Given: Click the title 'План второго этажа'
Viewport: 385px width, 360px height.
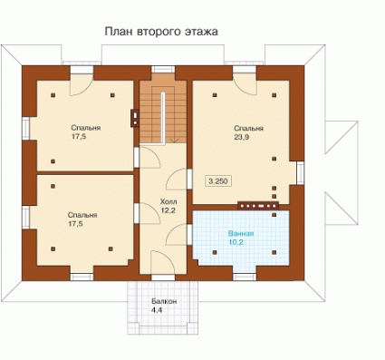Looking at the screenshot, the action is click(x=161, y=32).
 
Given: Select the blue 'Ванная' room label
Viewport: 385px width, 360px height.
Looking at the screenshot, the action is click(x=241, y=234).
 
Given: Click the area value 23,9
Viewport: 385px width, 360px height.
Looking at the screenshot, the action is click(x=242, y=137).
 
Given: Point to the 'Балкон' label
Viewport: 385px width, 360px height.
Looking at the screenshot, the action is click(x=164, y=301).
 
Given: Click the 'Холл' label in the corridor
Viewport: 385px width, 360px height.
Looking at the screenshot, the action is click(x=168, y=201).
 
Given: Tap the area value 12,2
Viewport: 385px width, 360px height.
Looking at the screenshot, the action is click(x=168, y=210).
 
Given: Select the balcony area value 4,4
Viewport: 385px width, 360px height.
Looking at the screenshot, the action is click(x=157, y=310).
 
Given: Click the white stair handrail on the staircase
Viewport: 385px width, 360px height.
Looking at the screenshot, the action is click(x=162, y=118).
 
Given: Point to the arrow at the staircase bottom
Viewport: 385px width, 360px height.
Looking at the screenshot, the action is click(x=174, y=141).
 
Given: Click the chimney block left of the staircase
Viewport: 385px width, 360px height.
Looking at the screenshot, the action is click(x=135, y=118).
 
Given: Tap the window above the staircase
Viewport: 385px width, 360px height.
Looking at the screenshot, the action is click(x=163, y=69).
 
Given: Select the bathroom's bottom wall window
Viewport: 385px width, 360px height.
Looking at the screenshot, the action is click(x=245, y=277).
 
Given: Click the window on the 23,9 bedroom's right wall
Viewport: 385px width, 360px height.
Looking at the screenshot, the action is click(x=300, y=173).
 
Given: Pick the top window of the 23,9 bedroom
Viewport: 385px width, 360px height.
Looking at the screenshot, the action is click(x=245, y=69).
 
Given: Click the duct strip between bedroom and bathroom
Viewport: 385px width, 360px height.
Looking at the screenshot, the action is click(x=258, y=206).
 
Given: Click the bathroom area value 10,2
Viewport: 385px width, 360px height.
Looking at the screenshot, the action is click(x=236, y=242).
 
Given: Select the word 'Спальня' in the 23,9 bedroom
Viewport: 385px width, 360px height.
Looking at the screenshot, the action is click(x=249, y=129).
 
